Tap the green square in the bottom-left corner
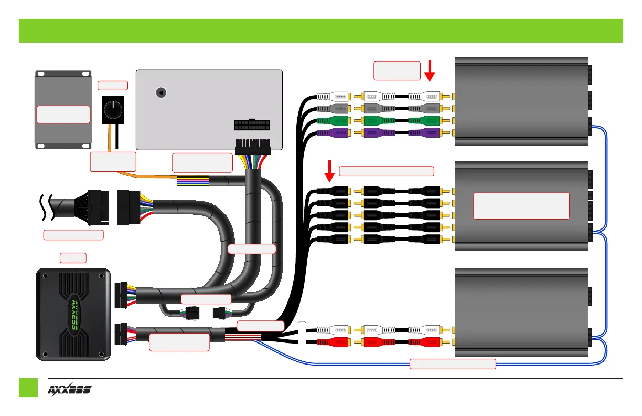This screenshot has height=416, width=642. point(28,388)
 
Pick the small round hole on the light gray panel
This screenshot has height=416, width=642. point(162,92)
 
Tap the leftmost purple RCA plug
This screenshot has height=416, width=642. point(334,133)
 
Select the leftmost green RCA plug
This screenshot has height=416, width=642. point(334,121)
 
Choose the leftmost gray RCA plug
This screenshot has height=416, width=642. point(334,109)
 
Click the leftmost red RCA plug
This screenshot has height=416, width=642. point(334,342)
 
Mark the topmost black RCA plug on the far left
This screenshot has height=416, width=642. point(334,192)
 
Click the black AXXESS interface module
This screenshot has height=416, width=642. point(73,314)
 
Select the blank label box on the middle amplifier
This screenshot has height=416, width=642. point(521,205)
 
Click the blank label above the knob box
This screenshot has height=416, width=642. point(113,86)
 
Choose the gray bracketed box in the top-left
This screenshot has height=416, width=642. point(62,109)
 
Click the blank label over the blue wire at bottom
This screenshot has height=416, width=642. point(452,363)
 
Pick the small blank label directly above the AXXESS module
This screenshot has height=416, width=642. point(73,257)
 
